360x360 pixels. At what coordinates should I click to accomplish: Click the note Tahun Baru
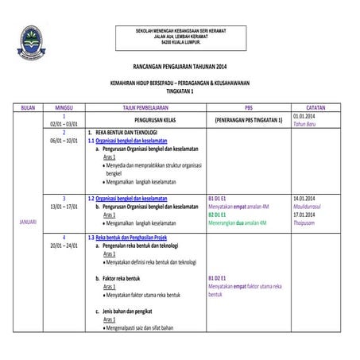pos(304,124)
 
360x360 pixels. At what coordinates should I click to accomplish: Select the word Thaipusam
pos(306,223)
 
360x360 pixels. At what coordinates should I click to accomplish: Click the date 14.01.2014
pos(306,197)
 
